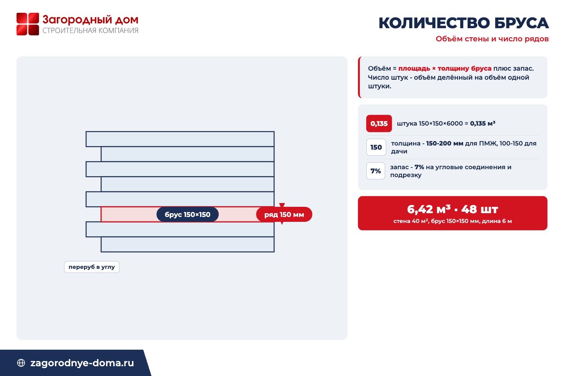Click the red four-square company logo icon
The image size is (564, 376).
click(28, 24)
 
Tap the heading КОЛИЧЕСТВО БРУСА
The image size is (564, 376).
click(464, 23)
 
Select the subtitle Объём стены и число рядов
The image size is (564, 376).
click(492, 39)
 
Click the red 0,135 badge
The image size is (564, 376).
click(379, 123)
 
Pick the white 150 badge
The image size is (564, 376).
click(376, 147)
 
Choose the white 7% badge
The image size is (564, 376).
click(375, 171)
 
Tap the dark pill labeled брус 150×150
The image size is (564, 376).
click(187, 214)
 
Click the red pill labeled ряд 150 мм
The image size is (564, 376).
click(284, 214)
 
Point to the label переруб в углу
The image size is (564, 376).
click(92, 267)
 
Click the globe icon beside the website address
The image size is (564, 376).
click(21, 363)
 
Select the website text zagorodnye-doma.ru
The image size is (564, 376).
click(82, 363)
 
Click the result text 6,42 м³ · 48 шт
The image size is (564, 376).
click(452, 209)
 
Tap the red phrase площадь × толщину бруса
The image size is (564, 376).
click(445, 68)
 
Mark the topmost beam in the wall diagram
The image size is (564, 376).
click(180, 139)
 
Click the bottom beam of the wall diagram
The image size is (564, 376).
click(188, 244)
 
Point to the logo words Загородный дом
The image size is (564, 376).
click(90, 20)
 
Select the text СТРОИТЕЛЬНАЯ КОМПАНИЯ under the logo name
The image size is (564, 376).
click(90, 30)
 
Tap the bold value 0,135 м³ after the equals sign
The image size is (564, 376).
click(483, 123)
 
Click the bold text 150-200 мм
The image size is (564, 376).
click(445, 143)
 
